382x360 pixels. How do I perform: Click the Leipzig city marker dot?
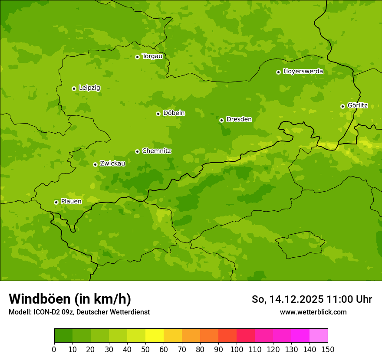click(74, 88)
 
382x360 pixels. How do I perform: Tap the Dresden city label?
click(239, 119)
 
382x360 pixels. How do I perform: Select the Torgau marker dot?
click(137, 57)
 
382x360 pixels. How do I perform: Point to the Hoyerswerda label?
click(303, 71)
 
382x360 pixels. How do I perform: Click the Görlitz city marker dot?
click(342, 106)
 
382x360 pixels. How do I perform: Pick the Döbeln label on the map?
click(174, 113)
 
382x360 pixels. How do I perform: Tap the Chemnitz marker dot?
click(137, 151)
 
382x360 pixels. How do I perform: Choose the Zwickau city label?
click(112, 164)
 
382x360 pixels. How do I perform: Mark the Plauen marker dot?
click(56, 202)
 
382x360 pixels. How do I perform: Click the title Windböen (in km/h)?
click(69, 299)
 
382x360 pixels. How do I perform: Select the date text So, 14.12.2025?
click(287, 299)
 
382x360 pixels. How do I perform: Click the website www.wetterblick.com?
click(313, 312)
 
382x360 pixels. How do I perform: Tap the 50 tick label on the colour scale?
click(145, 350)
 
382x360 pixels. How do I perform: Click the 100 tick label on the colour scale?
click(236, 350)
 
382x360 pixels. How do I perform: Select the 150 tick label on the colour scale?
click(327, 350)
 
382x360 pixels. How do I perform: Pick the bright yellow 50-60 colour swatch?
click(154, 336)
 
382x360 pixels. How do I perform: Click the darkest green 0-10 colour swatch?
click(63, 336)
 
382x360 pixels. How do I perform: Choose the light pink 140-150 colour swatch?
click(318, 336)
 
